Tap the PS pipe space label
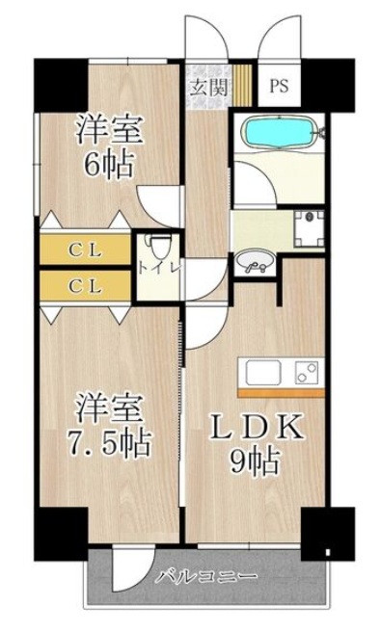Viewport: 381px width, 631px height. point(278,85)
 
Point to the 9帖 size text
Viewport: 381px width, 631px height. point(258,460)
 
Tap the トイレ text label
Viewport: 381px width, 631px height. point(159,267)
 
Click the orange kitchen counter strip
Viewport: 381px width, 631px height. point(282,393)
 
